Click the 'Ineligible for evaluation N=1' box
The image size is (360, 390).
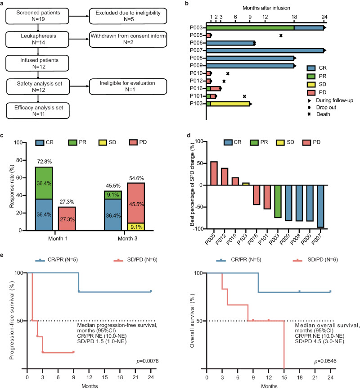121,85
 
